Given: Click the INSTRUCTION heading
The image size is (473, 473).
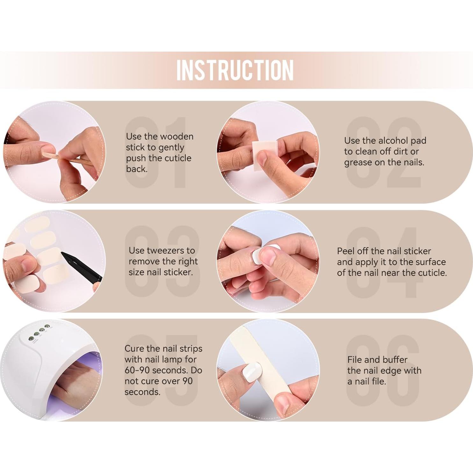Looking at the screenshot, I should [235, 70].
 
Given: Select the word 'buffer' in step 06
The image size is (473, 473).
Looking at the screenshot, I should [393, 360].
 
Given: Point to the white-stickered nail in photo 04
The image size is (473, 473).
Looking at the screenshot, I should [257, 256].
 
